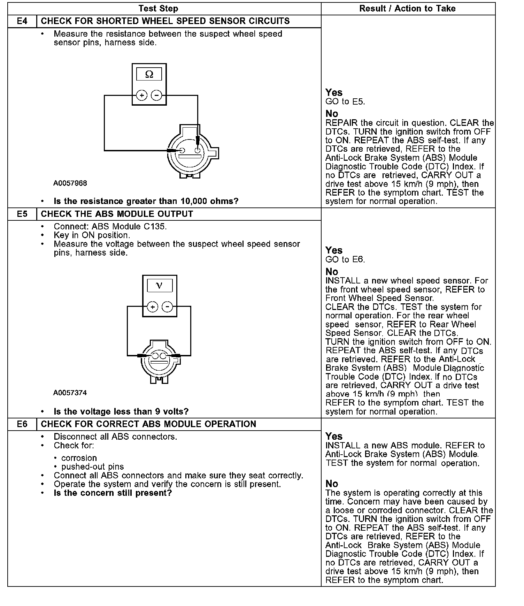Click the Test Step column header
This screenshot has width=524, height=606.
click(158, 9)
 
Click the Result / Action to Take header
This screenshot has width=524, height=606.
click(407, 9)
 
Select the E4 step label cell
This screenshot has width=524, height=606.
click(22, 21)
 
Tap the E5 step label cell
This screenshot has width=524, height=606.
click(22, 214)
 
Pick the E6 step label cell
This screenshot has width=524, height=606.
click(22, 424)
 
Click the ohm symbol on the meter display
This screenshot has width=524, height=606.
click(149, 74)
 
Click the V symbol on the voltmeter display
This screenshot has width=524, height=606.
click(159, 286)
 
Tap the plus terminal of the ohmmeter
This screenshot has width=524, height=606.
click(141, 95)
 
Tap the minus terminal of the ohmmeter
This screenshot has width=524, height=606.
click(157, 95)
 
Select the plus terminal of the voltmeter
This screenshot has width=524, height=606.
click(153, 307)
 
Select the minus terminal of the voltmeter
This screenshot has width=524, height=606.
click(168, 307)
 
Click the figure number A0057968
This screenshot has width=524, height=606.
click(70, 183)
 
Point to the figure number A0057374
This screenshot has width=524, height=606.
click(70, 393)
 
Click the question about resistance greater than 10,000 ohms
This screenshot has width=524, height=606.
click(146, 201)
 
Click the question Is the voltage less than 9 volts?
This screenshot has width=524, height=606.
click(121, 411)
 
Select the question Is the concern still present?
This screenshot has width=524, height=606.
click(113, 493)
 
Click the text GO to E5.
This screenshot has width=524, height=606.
click(345, 102)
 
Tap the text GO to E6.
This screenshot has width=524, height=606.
click(345, 259)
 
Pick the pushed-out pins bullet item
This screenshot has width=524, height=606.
click(92, 467)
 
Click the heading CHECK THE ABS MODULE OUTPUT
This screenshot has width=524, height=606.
click(117, 214)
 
